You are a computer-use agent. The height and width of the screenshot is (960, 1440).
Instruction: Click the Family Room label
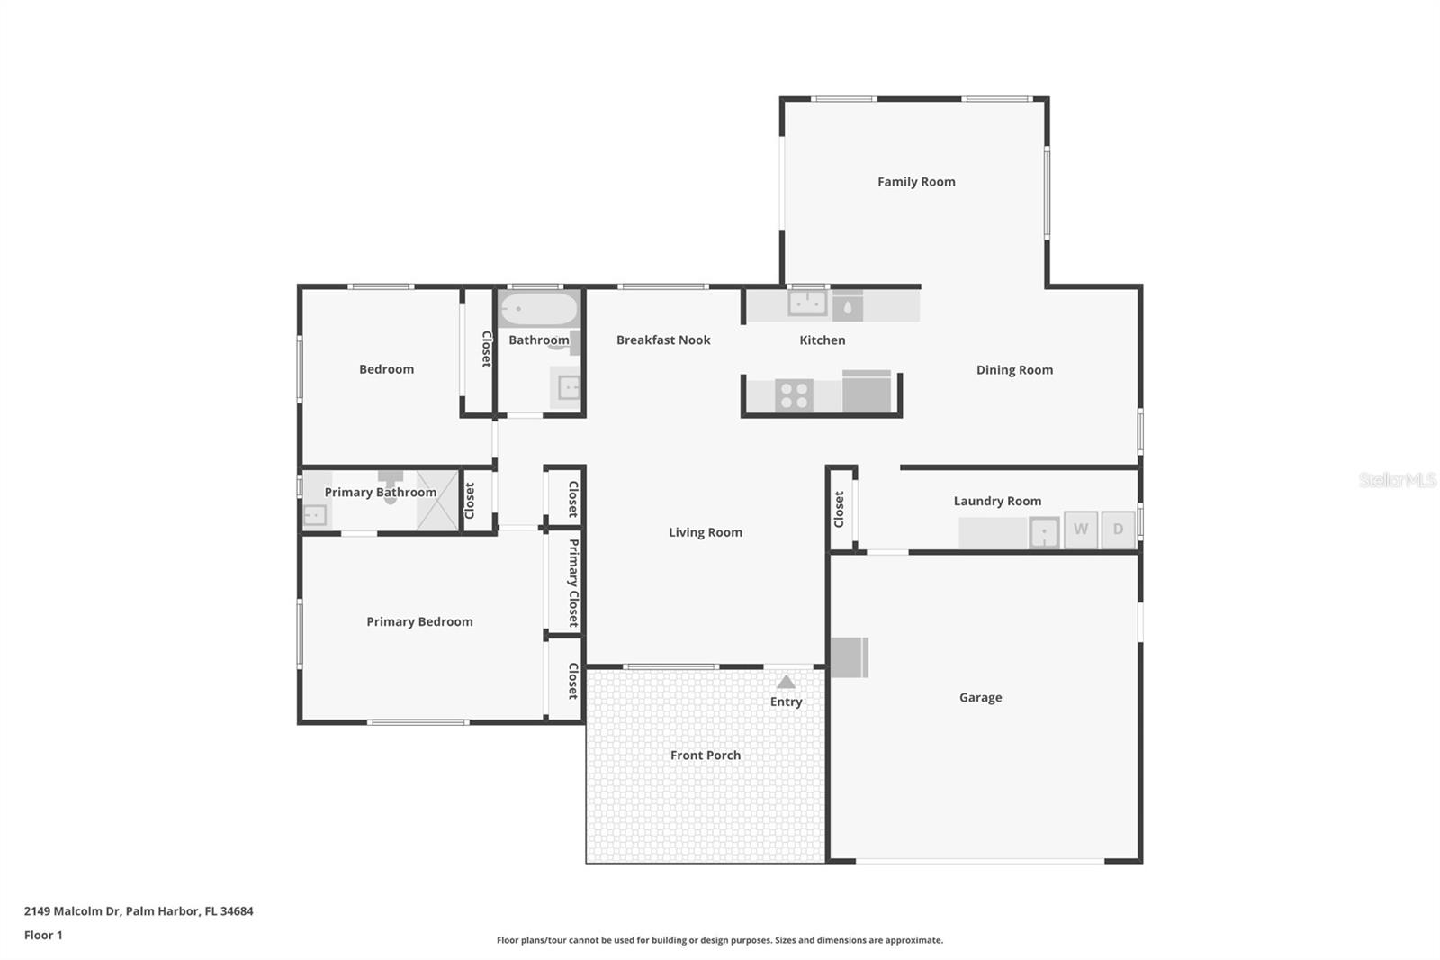click(916, 182)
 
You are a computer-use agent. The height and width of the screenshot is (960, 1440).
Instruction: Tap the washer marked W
click(1080, 530)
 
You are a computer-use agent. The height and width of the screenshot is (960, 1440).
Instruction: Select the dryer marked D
click(1118, 530)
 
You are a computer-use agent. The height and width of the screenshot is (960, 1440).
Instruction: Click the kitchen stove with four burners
click(794, 395)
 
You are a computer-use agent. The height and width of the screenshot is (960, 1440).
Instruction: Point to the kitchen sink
click(807, 303)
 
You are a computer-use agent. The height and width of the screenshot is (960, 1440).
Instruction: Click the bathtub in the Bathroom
click(538, 309)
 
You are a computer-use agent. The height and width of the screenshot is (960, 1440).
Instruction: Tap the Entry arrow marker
click(786, 683)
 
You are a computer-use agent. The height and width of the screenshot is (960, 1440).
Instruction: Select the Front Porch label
click(705, 756)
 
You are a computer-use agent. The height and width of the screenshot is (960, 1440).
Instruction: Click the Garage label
click(980, 698)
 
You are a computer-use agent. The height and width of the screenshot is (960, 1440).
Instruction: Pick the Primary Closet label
click(573, 583)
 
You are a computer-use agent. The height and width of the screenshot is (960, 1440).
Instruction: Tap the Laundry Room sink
click(1044, 532)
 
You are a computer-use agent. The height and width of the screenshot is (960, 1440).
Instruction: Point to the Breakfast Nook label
click(663, 340)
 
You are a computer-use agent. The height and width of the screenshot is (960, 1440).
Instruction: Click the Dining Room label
click(1014, 370)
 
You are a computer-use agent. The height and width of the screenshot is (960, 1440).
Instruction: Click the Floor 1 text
click(43, 936)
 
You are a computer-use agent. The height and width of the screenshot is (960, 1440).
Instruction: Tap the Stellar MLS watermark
click(1397, 480)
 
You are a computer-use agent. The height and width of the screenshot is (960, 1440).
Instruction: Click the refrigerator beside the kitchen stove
click(868, 392)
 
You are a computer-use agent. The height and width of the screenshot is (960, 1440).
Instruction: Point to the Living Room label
click(705, 533)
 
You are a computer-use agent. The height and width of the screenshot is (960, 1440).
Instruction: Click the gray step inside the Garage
click(849, 657)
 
